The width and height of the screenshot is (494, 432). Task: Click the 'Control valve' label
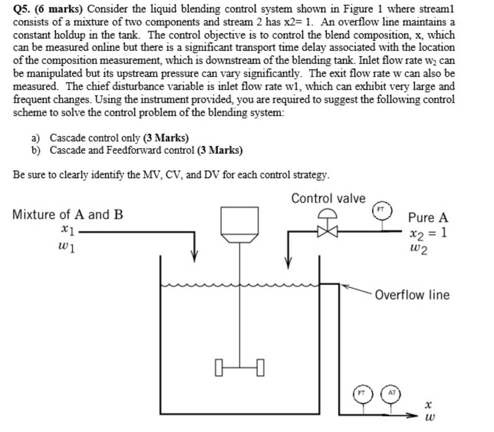click(328, 199)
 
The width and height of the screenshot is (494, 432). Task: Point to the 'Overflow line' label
click(412, 295)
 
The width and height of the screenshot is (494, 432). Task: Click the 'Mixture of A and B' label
click(68, 215)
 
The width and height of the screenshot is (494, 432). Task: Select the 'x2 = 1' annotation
click(428, 233)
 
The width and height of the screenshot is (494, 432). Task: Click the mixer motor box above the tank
click(239, 220)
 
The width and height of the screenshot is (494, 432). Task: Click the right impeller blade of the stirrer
click(260, 367)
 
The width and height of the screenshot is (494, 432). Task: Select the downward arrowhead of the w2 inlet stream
click(288, 262)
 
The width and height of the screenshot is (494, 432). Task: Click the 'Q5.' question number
click(22, 9)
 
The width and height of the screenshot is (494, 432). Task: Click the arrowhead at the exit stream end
click(414, 416)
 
